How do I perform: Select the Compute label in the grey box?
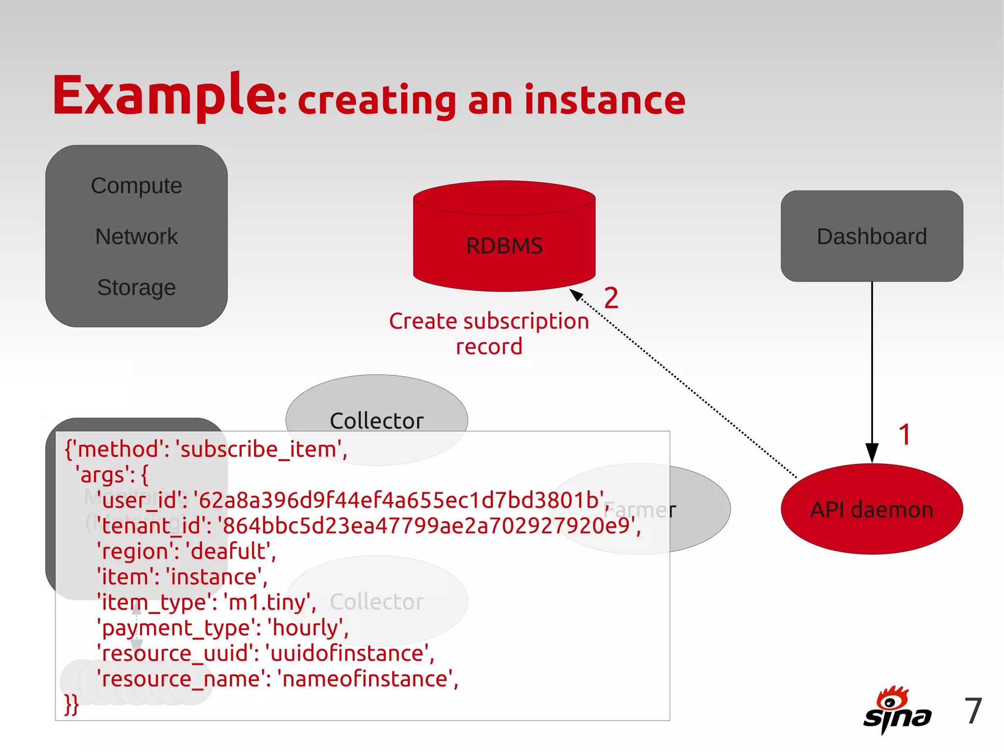point(136,186)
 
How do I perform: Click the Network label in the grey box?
point(136,237)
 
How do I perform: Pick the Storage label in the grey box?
point(136,288)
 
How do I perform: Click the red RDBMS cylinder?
point(504,245)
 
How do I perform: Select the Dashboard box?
point(872,236)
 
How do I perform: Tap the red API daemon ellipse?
point(872,509)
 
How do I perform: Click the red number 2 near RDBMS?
point(611,298)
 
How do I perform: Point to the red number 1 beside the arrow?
point(905,435)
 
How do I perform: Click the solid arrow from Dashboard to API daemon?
point(872,367)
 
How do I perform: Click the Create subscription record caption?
point(489,334)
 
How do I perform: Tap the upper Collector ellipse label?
point(376,420)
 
